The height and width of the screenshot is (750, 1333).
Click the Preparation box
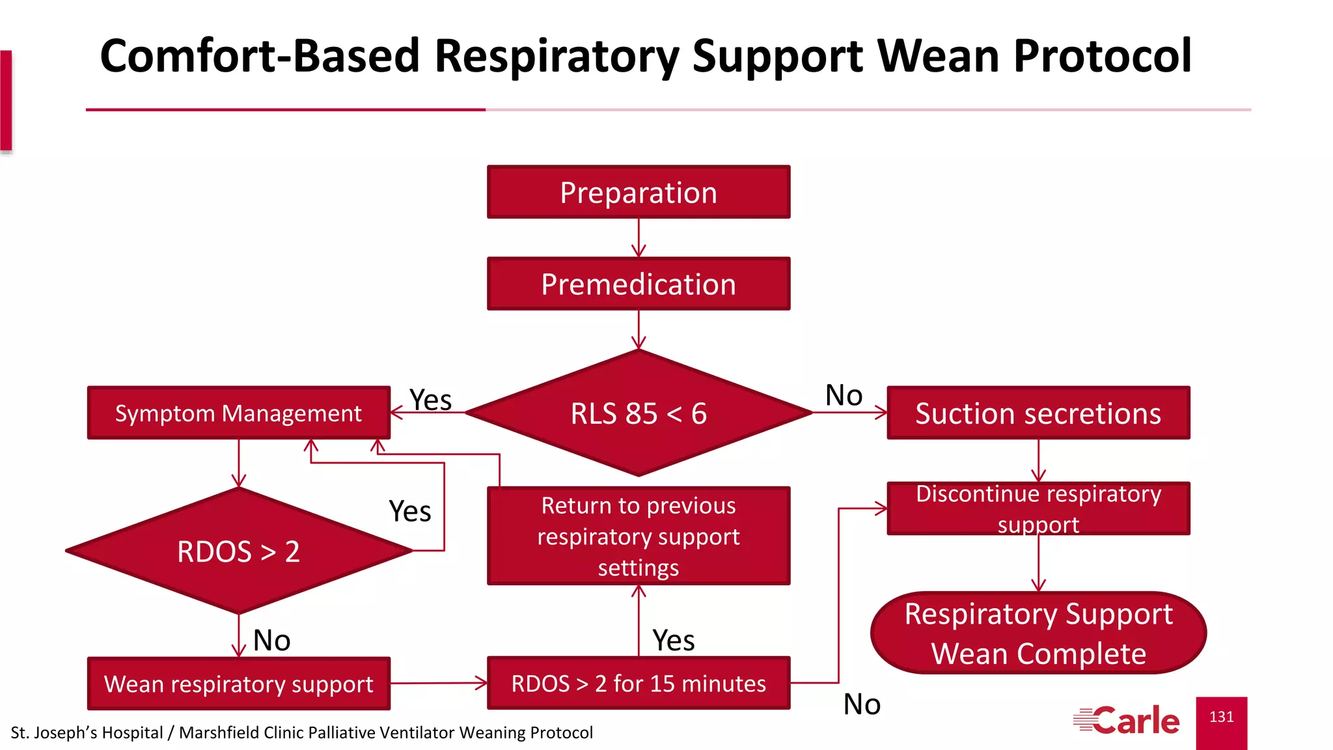[639, 192]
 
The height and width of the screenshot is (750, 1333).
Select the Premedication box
[639, 284]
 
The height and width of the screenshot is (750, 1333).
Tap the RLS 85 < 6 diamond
[639, 413]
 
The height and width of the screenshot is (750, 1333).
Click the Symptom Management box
[238, 413]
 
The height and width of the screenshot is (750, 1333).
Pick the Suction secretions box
[1038, 413]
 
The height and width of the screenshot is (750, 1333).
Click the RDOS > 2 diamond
[238, 551]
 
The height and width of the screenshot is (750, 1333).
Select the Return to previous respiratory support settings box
[639, 536]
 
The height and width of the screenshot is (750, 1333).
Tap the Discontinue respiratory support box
[1038, 508]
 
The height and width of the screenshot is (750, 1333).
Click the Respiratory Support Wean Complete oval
[1038, 633]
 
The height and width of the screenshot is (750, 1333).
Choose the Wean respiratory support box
[238, 684]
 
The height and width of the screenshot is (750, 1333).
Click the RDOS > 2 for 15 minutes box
[639, 684]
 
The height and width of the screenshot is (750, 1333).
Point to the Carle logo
[1127, 720]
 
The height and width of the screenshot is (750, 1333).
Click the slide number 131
[1221, 717]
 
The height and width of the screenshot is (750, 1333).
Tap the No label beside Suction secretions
[844, 395]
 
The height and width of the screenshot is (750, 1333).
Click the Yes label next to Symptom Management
[430, 400]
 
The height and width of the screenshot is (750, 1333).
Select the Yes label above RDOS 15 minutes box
[673, 641]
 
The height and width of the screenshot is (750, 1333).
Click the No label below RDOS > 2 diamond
[271, 641]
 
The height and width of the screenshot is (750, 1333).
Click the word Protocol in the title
[1102, 56]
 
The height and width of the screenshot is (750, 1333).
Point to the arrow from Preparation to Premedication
[639, 238]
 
